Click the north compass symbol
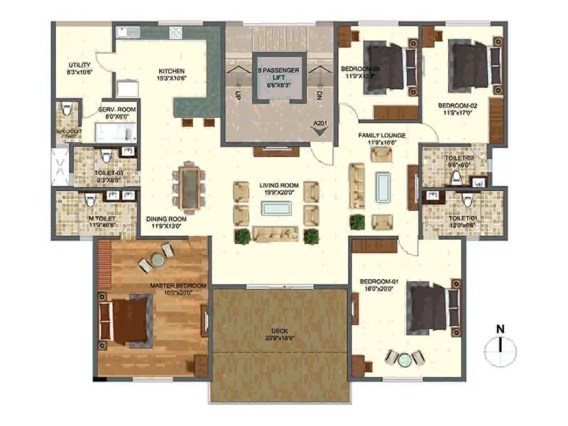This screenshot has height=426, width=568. pyautogui.click(x=501, y=346)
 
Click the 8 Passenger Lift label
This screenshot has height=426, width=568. pyautogui.click(x=279, y=70)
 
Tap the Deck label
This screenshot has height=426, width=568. pyautogui.click(x=279, y=333)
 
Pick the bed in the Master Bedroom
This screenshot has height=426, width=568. pyautogui.click(x=128, y=320)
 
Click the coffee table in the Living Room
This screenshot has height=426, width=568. pyautogui.click(x=278, y=208)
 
